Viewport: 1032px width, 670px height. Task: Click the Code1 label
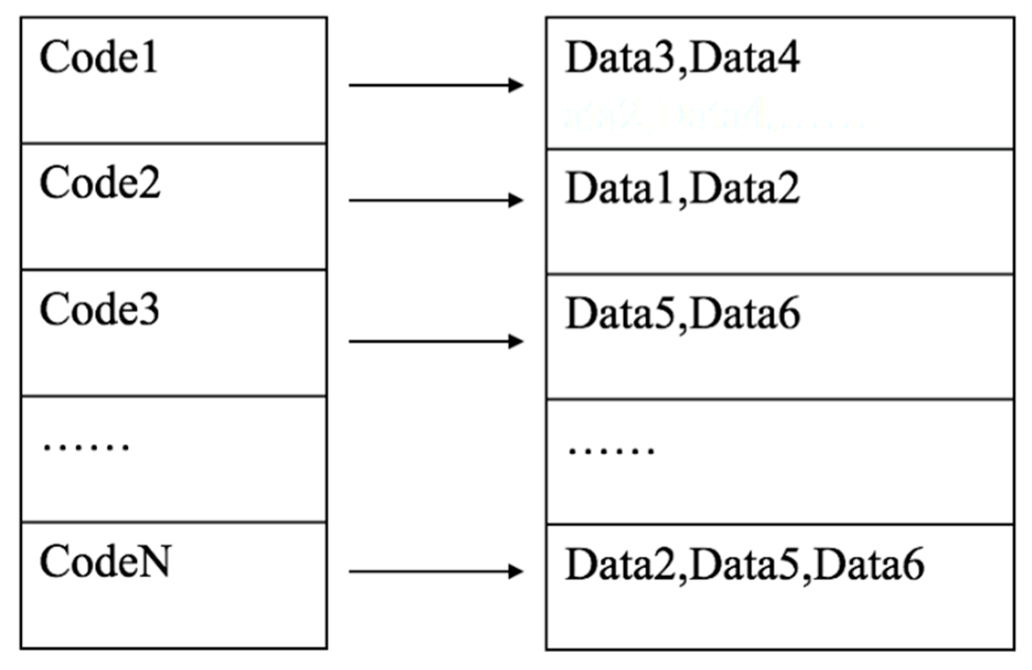(99, 57)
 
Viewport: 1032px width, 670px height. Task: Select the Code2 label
(100, 183)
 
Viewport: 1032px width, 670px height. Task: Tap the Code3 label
(99, 310)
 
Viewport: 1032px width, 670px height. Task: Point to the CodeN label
(105, 562)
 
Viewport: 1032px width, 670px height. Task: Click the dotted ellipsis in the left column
(87, 446)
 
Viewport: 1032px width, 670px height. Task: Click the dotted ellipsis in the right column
(611, 450)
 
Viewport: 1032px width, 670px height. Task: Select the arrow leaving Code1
(435, 86)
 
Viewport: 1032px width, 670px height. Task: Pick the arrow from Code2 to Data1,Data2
(435, 200)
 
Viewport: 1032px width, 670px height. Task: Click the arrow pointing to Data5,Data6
(435, 342)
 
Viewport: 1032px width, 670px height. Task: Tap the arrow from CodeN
(435, 571)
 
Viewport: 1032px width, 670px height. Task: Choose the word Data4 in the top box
(745, 58)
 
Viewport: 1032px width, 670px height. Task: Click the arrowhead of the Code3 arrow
(516, 342)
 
